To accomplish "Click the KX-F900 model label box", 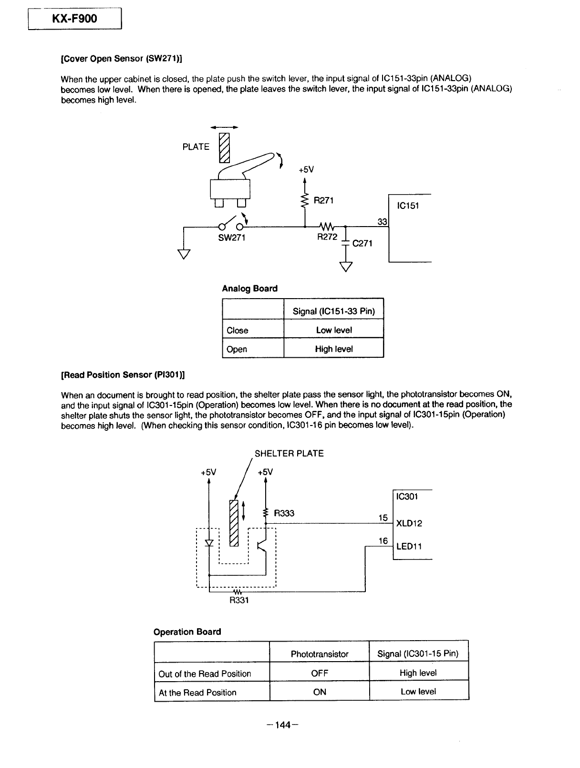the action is click(75, 19).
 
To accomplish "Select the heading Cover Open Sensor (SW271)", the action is click(121, 58).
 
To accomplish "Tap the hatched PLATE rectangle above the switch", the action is click(224, 148).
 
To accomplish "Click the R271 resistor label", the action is click(323, 200).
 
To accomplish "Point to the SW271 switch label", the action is click(232, 238).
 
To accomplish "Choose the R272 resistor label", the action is click(327, 237).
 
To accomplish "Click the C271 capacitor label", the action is click(362, 243).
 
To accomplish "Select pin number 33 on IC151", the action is click(382, 221).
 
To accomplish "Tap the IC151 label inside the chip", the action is click(407, 206).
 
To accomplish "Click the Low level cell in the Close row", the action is click(334, 330).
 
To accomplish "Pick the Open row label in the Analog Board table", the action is click(237, 349).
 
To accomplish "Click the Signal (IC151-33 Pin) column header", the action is click(334, 311).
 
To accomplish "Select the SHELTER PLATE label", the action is click(289, 454).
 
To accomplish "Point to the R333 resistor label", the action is click(284, 513).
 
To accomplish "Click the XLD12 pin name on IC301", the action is click(409, 523).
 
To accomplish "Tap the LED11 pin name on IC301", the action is click(409, 546).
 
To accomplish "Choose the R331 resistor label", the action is click(239, 600).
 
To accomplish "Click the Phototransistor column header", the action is click(320, 654).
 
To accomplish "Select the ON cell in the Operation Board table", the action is click(320, 692).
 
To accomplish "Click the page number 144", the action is click(283, 725).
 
